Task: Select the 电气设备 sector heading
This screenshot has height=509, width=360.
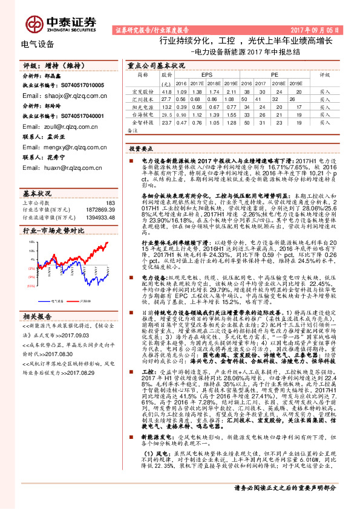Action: tap(38, 44)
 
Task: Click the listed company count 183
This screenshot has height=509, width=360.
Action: tap(110, 203)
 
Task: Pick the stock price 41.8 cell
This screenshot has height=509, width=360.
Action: tap(166, 91)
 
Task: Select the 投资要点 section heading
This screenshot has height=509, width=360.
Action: tap(141, 149)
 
